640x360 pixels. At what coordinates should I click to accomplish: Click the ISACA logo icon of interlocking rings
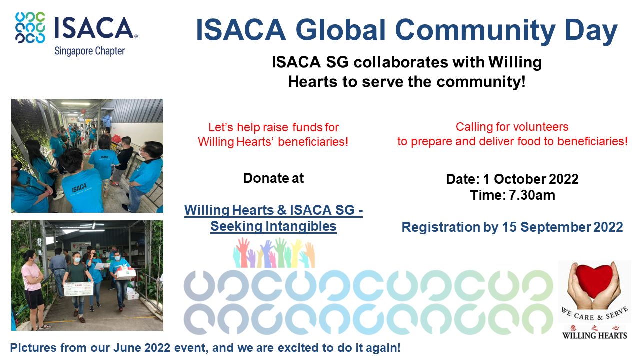[30, 28]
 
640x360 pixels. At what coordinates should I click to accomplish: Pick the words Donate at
[273, 178]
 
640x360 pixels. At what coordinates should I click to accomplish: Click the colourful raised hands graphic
[274, 253]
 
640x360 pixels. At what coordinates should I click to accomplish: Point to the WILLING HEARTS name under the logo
[594, 335]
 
